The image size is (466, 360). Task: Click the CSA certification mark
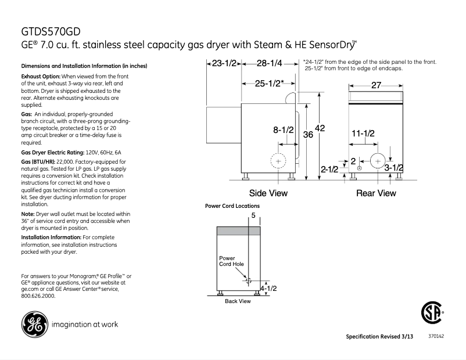[431, 315]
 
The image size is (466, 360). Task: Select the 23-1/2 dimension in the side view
[223, 63]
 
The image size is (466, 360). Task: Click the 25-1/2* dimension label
[269, 84]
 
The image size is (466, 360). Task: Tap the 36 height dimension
[309, 135]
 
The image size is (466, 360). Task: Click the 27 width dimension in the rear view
[376, 85]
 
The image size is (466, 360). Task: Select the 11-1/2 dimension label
[363, 133]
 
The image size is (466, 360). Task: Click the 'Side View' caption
[268, 193]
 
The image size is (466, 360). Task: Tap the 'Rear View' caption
[376, 193]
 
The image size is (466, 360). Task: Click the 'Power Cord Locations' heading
[232, 206]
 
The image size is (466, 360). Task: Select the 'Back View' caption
[238, 301]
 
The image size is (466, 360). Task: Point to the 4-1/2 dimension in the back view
[268, 287]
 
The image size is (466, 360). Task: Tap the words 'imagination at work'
[85, 325]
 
